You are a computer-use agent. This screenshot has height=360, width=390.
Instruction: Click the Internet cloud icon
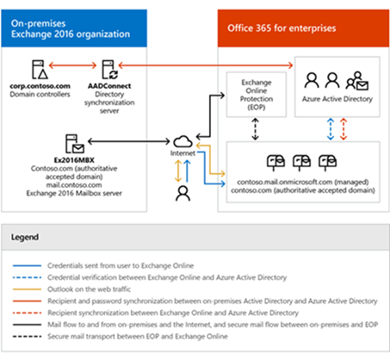[183, 141]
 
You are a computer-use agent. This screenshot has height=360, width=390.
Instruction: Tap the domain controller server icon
[40, 69]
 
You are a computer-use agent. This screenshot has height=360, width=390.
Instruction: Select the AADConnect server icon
[109, 69]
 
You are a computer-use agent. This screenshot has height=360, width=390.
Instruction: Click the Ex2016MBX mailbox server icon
[75, 144]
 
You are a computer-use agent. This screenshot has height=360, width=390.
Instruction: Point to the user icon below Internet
[183, 193]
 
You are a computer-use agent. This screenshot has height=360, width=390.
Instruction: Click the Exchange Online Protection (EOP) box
[257, 95]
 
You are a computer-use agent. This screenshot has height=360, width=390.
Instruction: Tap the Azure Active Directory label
[337, 99]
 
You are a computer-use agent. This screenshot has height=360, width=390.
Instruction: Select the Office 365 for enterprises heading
[282, 28]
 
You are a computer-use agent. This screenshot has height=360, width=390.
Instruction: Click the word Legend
[25, 237]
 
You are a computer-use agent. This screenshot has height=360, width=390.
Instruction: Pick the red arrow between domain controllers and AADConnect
[72, 65]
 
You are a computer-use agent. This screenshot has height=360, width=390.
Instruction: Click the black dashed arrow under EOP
[255, 129]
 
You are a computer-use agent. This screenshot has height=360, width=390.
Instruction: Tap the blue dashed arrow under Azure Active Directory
[331, 129]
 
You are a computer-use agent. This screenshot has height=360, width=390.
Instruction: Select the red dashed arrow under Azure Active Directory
[344, 129]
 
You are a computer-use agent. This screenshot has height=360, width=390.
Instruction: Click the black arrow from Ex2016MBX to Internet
[129, 141]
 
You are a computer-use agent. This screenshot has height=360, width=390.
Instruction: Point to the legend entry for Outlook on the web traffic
[89, 289]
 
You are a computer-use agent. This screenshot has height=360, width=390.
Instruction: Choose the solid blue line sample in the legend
[27, 265]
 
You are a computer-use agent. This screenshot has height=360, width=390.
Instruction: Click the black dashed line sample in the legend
[27, 336]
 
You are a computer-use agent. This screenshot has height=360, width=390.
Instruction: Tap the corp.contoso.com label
[40, 86]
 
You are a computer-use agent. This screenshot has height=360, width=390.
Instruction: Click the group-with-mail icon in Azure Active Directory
[357, 80]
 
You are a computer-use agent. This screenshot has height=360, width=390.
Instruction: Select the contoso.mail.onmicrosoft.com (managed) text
[303, 182]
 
